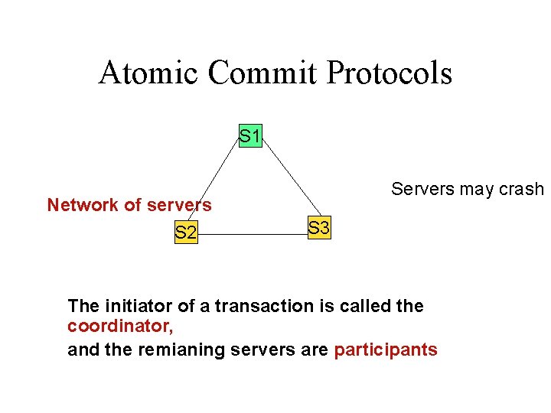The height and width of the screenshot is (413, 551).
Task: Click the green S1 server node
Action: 250,137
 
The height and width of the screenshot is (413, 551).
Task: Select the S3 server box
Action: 319,227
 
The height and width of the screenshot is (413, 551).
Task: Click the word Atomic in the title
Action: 148,73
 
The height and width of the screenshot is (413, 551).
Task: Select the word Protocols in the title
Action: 389,73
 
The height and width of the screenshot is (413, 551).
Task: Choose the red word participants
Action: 386,350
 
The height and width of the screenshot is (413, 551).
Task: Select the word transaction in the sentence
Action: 253,307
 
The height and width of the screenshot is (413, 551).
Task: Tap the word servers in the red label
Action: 180,205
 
